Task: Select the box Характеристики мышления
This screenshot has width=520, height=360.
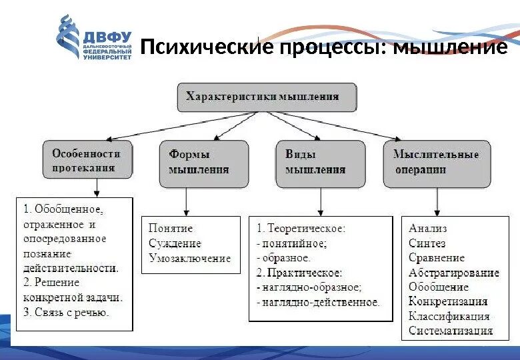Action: tap(266, 97)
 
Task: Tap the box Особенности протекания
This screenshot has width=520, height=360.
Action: tap(87, 161)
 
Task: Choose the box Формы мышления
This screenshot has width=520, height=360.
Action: tap(204, 162)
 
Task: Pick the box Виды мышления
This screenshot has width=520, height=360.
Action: tap(320, 162)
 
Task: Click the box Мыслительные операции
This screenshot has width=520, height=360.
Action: tap(437, 162)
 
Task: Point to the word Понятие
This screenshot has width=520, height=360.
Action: tap(171, 229)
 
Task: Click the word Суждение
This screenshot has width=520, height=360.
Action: tap(175, 243)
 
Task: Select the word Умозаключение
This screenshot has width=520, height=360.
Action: tap(189, 258)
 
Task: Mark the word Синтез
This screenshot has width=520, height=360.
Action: tap(427, 243)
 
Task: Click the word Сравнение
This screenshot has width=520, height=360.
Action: tap(437, 258)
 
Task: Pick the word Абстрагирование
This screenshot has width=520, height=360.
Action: tap(454, 273)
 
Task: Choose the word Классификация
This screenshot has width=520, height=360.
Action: tap(449, 317)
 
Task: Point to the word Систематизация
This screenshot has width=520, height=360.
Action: tap(451, 331)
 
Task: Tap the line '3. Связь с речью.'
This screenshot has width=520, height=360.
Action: tap(66, 312)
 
